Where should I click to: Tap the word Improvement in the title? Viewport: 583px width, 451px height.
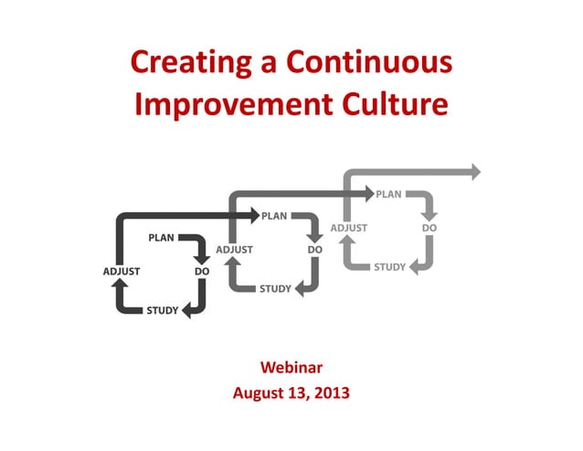(x=225, y=104)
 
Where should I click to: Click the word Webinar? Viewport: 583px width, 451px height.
(x=291, y=368)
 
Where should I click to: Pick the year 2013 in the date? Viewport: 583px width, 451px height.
(x=332, y=394)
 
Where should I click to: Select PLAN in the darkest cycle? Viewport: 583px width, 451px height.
(x=161, y=238)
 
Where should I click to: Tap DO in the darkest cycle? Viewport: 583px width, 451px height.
(x=202, y=271)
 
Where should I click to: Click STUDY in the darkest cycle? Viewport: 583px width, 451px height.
(x=163, y=311)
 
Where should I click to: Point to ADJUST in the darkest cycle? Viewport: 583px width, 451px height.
(x=121, y=271)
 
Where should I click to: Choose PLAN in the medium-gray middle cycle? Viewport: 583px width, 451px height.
(x=274, y=216)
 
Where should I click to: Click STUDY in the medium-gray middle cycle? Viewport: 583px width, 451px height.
(x=275, y=289)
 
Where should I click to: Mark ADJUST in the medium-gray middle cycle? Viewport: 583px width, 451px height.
(x=234, y=249)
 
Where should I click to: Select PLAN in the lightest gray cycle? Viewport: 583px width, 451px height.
(x=388, y=194)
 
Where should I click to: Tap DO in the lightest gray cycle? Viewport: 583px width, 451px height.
(x=429, y=227)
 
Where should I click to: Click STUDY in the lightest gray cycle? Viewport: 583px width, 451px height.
(x=389, y=267)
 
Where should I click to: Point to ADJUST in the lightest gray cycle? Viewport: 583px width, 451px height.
(x=348, y=227)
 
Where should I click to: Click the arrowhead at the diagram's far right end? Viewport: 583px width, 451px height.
(x=474, y=171)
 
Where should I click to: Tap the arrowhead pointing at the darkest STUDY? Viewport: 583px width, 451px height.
(x=187, y=311)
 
